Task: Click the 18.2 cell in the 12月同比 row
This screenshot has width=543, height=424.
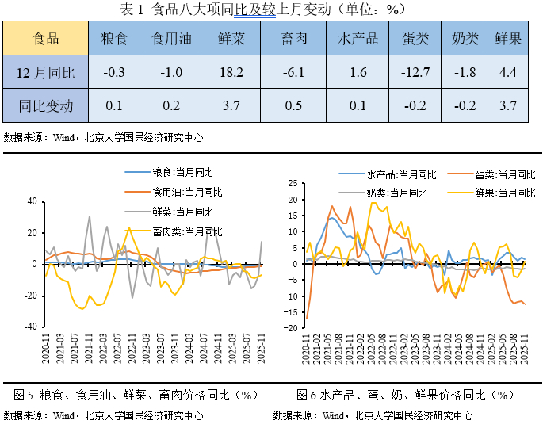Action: (231, 73)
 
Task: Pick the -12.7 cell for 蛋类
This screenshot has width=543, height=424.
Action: (415, 73)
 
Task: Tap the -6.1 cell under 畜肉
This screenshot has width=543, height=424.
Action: (293, 73)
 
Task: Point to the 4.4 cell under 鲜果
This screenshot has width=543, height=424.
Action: (508, 73)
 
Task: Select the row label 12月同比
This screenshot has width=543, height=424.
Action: (46, 73)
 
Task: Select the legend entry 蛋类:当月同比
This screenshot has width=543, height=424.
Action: (504, 174)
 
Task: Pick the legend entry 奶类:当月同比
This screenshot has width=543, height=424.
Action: (396, 193)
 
